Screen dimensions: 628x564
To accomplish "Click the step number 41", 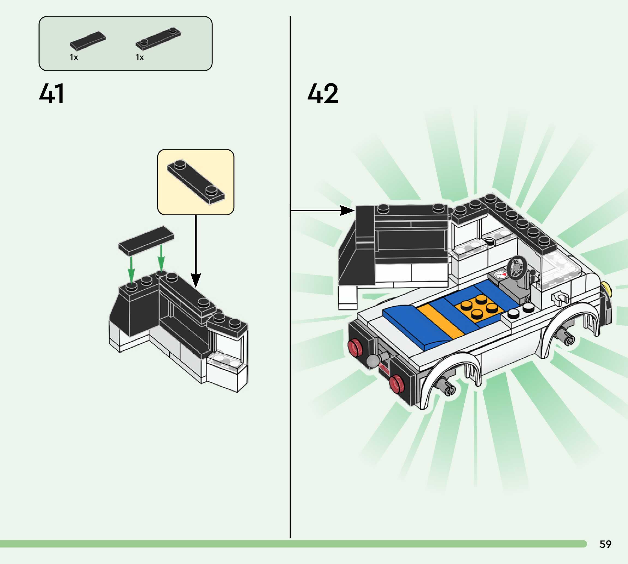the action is (52, 93).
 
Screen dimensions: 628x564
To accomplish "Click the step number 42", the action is (323, 93).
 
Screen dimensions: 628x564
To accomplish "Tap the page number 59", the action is (605, 544).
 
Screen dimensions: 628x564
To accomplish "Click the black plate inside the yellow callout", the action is (196, 182).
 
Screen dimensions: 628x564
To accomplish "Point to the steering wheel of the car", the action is (516, 267).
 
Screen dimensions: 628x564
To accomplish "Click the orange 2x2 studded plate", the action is (478, 308).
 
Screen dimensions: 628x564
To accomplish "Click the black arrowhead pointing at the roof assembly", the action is (347, 210).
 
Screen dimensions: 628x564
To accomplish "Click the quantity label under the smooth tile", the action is (74, 58).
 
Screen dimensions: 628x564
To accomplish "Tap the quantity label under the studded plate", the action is (140, 58).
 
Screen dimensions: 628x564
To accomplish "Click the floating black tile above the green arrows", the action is (146, 240).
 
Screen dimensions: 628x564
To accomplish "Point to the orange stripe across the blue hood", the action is (441, 321).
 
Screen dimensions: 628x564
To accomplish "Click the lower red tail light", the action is (397, 384).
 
